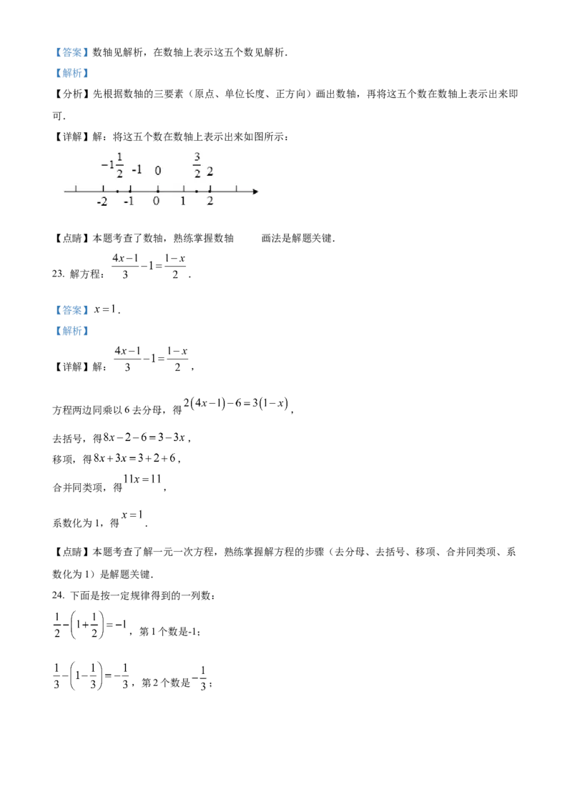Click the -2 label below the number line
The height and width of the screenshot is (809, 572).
coord(102,202)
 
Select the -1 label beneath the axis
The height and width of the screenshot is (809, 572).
coord(129,202)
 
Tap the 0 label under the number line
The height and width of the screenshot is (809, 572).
coord(157,202)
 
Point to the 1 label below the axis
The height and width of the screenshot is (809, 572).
coord(183,202)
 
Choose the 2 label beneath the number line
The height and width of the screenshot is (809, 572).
coord(209,202)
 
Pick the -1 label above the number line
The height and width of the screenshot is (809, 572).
coord(137,170)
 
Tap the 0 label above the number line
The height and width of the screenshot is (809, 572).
coord(158,171)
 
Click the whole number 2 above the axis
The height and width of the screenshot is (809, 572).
coord(209,171)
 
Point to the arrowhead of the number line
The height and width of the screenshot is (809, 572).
coord(255,191)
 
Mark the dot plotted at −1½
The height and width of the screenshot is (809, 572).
coord(117,191)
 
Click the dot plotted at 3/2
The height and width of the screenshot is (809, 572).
coord(197,191)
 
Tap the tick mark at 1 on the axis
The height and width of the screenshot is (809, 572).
coord(183,189)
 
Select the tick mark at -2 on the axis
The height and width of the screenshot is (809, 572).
coord(103,189)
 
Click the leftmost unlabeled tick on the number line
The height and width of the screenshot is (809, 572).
coord(77,189)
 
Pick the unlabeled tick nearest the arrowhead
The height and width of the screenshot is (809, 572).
coord(236,189)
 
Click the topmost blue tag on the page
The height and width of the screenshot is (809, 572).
coord(71,51)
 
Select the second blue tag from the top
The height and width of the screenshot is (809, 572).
coord(71,72)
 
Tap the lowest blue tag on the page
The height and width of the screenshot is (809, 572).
coord(71,331)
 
